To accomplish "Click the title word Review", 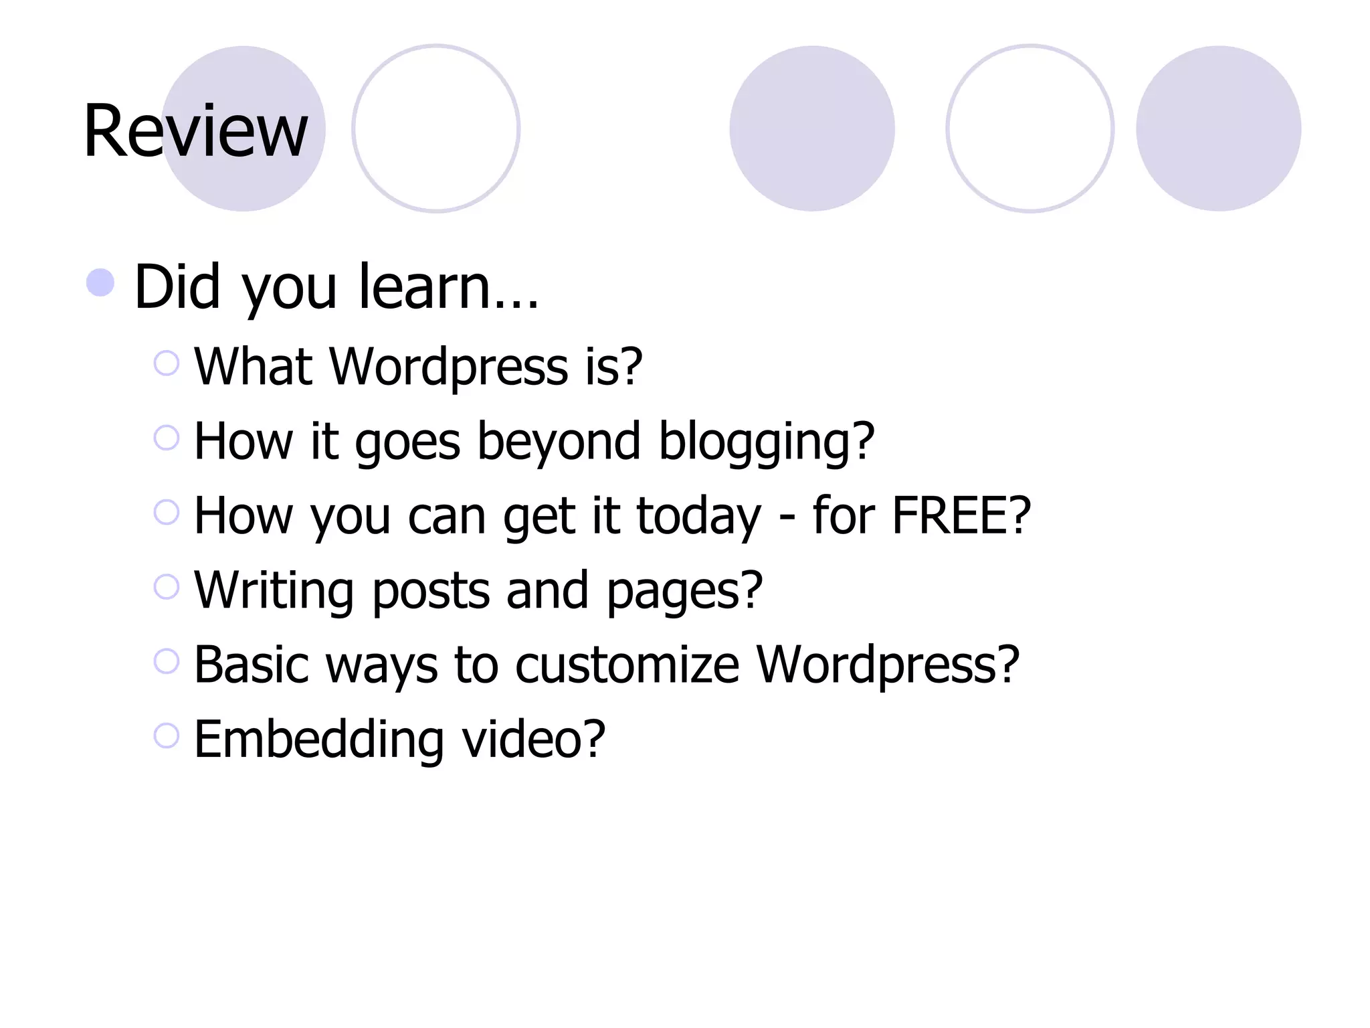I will pyautogui.click(x=195, y=131).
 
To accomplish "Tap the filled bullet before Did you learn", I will pyautogui.click(x=100, y=282).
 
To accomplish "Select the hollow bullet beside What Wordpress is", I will pyautogui.click(x=167, y=363).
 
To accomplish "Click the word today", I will pyautogui.click(x=698, y=517).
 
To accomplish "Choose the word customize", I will pyautogui.click(x=627, y=665).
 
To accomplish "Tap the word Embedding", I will pyautogui.click(x=319, y=740).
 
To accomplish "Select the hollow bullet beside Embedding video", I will pyautogui.click(x=167, y=736).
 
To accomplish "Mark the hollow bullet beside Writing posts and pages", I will pyautogui.click(x=167, y=587).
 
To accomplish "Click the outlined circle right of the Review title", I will pyautogui.click(x=436, y=128).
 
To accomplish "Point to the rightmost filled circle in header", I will pyautogui.click(x=1218, y=128).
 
